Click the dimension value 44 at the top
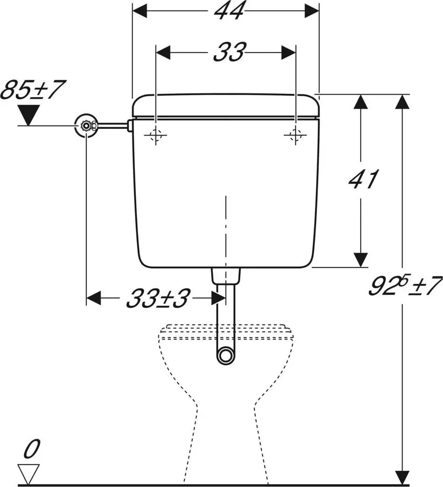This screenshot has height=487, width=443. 229,11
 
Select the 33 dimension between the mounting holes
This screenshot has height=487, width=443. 230,52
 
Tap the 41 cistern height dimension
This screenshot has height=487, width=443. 363,179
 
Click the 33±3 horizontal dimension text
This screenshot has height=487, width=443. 157,299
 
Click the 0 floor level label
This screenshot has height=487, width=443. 32,449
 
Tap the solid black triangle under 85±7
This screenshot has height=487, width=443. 29,115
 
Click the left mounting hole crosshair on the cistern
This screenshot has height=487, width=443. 156,135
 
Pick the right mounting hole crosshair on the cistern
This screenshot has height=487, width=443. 296,135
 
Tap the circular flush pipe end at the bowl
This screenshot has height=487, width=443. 226,355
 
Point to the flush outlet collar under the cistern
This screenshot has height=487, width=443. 226,276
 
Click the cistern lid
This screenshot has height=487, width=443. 226,106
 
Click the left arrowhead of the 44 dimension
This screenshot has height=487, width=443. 140,11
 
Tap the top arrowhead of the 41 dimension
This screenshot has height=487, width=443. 361,101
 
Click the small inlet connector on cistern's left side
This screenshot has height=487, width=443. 130,126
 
